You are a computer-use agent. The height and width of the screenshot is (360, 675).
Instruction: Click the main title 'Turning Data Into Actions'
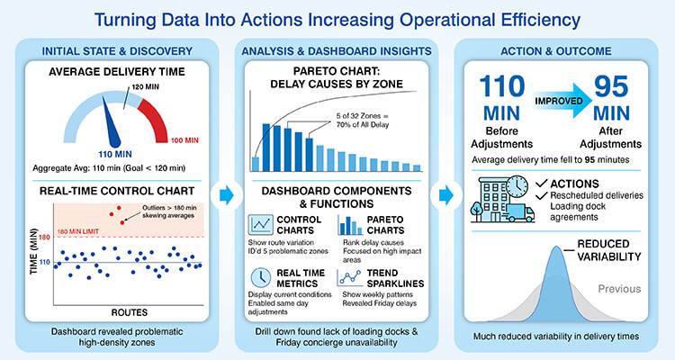coord(337,18)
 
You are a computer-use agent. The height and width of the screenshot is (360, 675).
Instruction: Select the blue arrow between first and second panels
coord(226,193)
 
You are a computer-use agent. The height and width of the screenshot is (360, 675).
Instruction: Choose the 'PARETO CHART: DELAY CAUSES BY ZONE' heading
coord(337,79)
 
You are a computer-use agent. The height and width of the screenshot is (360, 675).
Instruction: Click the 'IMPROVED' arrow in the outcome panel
coord(557,95)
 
